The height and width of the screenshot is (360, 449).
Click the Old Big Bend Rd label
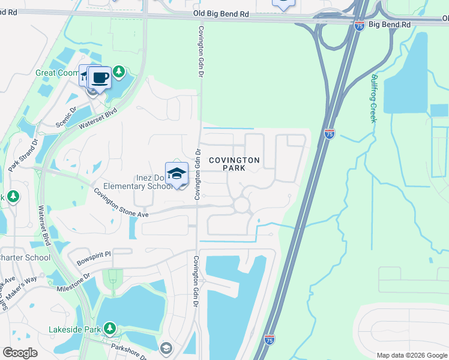tap(221, 13)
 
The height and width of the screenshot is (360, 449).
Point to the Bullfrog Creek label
tap(373, 98)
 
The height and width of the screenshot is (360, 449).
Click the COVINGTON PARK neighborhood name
tap(234, 164)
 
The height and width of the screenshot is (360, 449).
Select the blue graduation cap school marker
tap(176, 174)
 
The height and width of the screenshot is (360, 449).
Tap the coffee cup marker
tap(100, 77)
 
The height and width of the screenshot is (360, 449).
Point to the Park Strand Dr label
tap(22, 155)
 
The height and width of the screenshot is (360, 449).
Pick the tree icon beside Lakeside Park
tap(109, 328)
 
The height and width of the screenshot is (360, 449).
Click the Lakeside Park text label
tap(74, 329)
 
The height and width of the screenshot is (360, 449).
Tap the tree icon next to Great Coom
tap(119, 73)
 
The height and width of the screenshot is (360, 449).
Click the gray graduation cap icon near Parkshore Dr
tap(166, 348)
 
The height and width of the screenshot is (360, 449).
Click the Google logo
tap(20, 353)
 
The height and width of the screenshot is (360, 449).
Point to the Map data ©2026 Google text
tap(411, 355)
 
